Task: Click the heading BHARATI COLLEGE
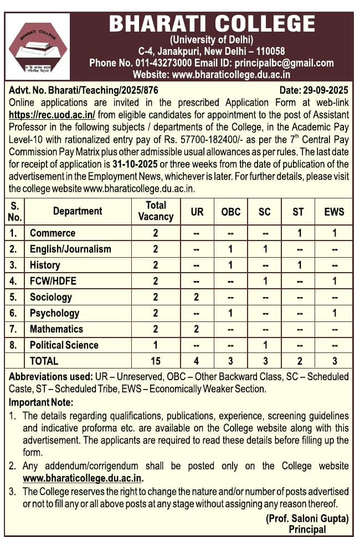click(212, 24)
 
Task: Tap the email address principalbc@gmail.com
click(285, 63)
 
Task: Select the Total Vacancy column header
click(156, 211)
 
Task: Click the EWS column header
click(334, 211)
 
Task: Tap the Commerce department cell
click(53, 233)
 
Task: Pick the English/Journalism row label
click(70, 249)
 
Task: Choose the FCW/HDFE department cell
click(53, 281)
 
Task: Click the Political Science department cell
click(64, 345)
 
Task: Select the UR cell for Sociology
click(197, 297)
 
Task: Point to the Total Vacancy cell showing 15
click(156, 361)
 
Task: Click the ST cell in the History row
click(299, 265)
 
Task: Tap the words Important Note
click(41, 402)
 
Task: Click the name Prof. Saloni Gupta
click(307, 519)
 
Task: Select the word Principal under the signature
click(307, 529)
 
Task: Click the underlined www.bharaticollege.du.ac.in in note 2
click(83, 477)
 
